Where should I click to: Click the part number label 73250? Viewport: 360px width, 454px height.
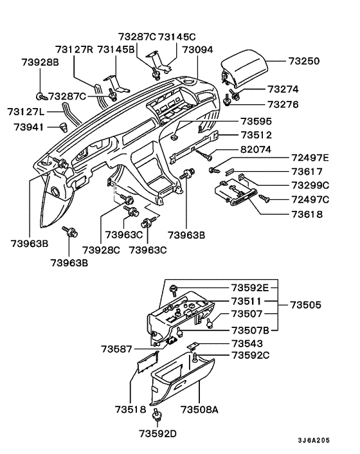304,61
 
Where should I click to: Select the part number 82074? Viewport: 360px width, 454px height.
255,149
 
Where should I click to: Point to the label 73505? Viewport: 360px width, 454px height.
306,304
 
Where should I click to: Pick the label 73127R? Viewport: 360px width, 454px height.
75,49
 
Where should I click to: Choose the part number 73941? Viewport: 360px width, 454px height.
29,127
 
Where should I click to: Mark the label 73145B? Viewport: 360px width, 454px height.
116,49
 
